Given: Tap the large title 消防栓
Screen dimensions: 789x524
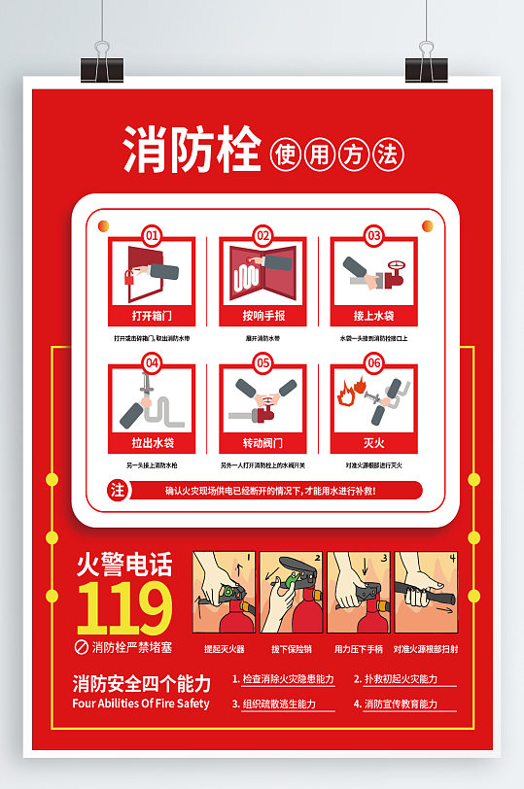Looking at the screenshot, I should point(192,152).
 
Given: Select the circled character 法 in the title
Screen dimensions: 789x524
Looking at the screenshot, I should point(387,154).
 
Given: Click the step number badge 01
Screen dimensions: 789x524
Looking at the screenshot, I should point(152,235).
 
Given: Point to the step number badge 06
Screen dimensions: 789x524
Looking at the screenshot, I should point(374,362).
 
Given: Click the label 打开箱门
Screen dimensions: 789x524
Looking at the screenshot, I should point(152,316).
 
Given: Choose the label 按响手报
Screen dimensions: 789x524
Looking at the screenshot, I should point(262,316).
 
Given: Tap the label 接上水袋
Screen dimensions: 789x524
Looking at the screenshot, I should point(374,316).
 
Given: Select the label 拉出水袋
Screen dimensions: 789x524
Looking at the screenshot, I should point(152,443).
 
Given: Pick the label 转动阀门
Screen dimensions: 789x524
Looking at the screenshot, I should point(262,443).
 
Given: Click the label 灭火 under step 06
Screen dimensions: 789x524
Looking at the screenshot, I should point(374,443).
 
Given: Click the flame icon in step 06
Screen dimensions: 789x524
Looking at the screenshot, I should point(345,395).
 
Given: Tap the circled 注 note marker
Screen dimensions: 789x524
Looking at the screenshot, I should point(119,491).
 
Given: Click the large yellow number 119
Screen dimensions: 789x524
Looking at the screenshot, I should point(124,609).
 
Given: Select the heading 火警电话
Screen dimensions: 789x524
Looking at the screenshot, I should point(124,565).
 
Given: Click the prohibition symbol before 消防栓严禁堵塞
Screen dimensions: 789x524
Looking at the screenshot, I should point(82,646).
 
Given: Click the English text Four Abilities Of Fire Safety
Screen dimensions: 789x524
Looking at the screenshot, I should point(141,703).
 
